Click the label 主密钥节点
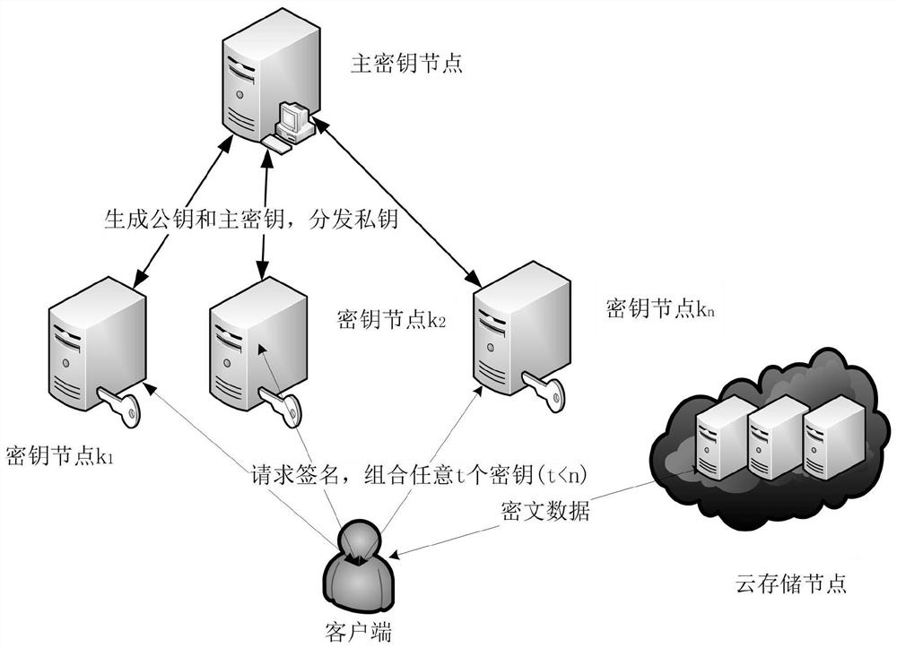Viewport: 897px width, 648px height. [406, 65]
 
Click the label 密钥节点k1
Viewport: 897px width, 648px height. [59, 457]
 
